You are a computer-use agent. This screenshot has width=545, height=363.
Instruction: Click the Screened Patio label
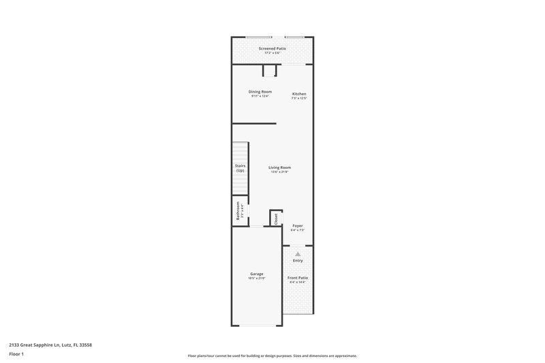coord(272,49)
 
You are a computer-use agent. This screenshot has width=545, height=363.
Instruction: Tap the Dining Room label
coord(260,92)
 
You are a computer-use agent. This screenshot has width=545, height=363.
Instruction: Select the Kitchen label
coord(299,93)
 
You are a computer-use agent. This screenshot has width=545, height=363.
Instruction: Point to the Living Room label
coord(279,167)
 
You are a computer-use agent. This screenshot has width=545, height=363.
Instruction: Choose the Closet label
coord(276,219)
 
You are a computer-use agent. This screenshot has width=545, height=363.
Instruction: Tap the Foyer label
coord(298,225)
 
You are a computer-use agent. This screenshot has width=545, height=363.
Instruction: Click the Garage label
coord(256,274)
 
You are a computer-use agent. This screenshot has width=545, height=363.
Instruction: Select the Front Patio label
coord(298,277)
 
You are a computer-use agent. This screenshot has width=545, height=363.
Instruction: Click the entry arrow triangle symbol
coord(298,253)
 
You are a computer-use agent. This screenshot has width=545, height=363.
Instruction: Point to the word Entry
coord(298,260)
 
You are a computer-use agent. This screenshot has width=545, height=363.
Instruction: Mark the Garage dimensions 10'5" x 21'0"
coord(256,279)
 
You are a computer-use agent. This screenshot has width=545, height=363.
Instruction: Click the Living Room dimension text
coord(279,172)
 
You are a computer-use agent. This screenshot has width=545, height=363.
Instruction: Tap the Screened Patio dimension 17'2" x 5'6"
coord(272,53)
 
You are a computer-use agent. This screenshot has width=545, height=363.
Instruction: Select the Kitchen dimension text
coord(299,98)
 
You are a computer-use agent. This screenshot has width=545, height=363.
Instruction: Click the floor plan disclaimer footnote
coord(272,356)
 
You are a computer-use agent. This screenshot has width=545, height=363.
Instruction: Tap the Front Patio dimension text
coord(298,282)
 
